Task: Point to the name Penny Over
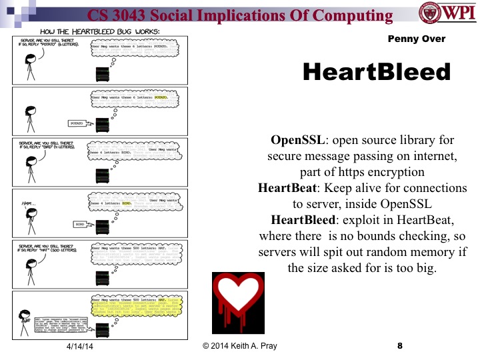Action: [416, 39]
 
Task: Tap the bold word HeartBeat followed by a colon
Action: [288, 189]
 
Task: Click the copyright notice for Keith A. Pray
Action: [239, 347]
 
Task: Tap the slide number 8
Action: [399, 347]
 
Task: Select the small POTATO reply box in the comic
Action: [79, 123]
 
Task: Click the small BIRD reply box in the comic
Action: [79, 225]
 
